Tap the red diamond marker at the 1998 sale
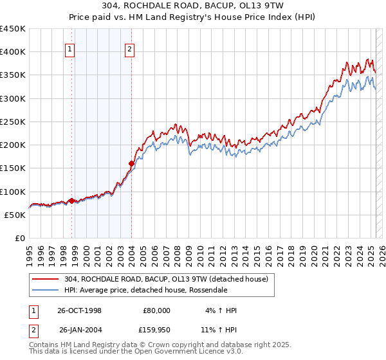click(x=71, y=201)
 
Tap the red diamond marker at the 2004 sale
click(x=131, y=163)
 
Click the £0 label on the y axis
click(x=19, y=238)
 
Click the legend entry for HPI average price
click(x=145, y=290)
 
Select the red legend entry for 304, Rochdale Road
click(x=170, y=278)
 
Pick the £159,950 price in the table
click(x=154, y=330)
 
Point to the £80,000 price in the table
click(x=156, y=310)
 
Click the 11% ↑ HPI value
click(x=219, y=330)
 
